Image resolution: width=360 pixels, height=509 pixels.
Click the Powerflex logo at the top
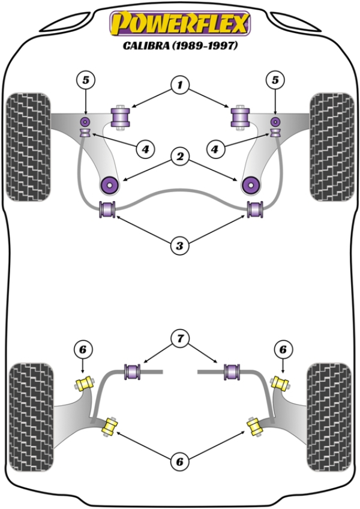point(179,24)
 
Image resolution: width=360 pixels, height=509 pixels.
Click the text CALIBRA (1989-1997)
point(179,46)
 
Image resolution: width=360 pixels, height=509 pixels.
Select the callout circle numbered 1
point(179,86)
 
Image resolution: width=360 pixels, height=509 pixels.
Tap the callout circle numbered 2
point(179,157)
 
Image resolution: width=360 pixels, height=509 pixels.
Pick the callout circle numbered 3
point(179,245)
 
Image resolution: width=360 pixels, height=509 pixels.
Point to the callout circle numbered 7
point(179,339)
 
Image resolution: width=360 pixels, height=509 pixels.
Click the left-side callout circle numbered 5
point(86,79)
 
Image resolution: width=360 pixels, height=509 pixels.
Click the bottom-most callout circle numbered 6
point(179,462)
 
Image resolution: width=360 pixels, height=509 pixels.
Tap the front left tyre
point(27,146)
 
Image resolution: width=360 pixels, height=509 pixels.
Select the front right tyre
point(331,146)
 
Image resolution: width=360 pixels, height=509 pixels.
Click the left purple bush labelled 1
point(122,116)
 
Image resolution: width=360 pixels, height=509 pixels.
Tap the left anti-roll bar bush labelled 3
point(107,210)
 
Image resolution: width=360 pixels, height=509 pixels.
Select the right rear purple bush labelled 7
point(232,372)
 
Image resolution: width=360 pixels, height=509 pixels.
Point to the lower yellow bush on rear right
point(254,427)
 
